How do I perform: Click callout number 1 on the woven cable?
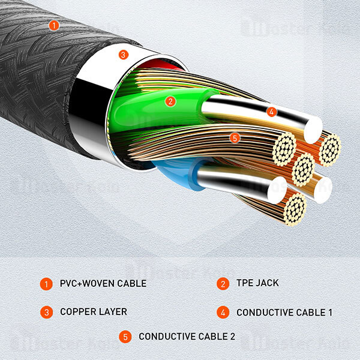(54, 25)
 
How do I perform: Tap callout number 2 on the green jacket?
(170, 101)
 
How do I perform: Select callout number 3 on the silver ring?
(123, 55)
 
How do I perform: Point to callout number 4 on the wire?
(271, 112)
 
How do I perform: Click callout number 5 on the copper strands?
(235, 138)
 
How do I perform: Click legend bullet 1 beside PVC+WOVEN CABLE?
(46, 283)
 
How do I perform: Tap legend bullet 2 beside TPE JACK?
(223, 283)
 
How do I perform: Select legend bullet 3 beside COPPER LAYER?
(46, 312)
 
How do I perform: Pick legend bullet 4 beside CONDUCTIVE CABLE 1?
(223, 312)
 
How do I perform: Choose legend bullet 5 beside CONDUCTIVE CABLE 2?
(125, 337)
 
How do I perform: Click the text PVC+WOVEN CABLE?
(103, 283)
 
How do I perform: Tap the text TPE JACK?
(257, 283)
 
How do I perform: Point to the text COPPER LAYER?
(93, 312)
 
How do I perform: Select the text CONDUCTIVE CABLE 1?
(284, 313)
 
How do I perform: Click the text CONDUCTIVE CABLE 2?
(187, 337)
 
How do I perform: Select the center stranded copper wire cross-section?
(302, 170)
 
